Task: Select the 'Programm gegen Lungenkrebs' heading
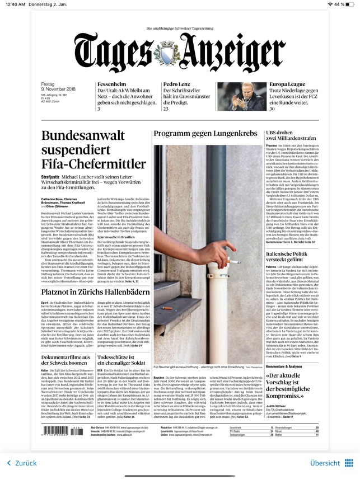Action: coord(205,134)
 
